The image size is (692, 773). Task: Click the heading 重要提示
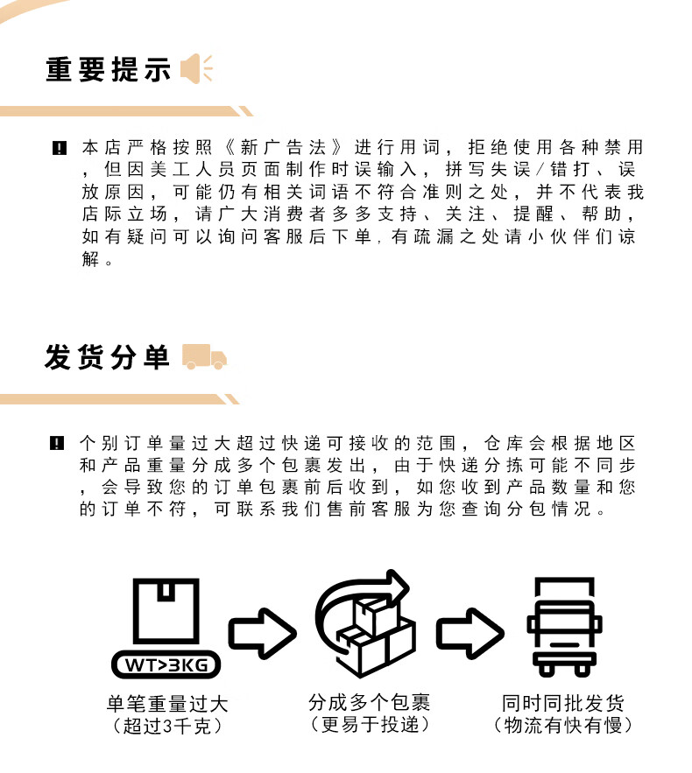click(108, 69)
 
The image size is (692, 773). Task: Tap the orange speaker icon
click(196, 68)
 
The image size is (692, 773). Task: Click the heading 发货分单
click(107, 356)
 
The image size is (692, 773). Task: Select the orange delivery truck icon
click(204, 356)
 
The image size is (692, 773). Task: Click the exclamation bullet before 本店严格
click(60, 148)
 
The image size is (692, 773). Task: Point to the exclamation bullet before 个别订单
click(57, 443)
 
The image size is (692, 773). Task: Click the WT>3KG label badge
click(166, 665)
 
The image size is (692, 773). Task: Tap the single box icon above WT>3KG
click(166, 611)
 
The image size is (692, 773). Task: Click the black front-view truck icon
click(565, 627)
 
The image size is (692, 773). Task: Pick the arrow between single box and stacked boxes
click(262, 634)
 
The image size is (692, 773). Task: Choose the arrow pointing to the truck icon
click(470, 634)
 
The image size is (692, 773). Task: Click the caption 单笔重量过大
click(167, 704)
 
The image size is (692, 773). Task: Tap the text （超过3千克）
click(167, 726)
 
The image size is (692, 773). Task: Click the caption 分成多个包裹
click(370, 702)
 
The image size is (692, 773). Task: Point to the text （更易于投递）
click(370, 724)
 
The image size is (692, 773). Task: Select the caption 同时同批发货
click(562, 703)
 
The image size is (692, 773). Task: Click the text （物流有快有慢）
click(562, 725)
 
